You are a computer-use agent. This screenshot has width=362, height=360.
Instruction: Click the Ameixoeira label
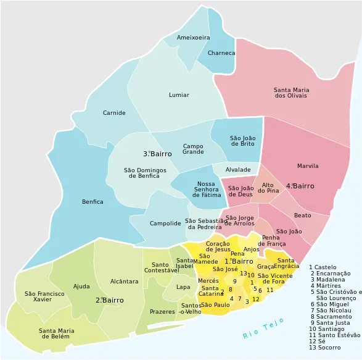[193, 38]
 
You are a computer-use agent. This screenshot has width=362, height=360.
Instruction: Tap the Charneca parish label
[221, 53]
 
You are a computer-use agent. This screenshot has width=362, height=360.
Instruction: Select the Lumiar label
[179, 95]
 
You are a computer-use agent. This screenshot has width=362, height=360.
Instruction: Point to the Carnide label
[114, 113]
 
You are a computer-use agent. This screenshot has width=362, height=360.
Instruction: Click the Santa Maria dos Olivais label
[292, 93]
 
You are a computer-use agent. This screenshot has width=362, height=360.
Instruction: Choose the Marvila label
[308, 166]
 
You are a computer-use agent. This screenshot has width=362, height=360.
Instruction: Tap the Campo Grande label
[193, 149]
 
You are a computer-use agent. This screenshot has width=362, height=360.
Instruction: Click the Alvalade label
[238, 170]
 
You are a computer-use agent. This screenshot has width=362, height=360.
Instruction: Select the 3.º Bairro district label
[157, 154]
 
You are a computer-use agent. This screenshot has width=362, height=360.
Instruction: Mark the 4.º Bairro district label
[300, 186]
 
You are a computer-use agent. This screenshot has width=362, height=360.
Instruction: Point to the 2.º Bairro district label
[109, 300]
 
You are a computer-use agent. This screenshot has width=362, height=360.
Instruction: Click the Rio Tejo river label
[263, 328]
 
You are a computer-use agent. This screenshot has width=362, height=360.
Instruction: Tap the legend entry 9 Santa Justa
[329, 322]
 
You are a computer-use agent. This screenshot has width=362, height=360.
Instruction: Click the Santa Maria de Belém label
[57, 333]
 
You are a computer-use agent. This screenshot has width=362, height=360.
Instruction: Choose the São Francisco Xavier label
[44, 296]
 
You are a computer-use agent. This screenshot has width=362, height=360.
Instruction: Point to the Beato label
[302, 216]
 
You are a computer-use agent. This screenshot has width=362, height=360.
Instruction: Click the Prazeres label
[162, 312]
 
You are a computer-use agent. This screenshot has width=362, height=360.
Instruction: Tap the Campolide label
[165, 224]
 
